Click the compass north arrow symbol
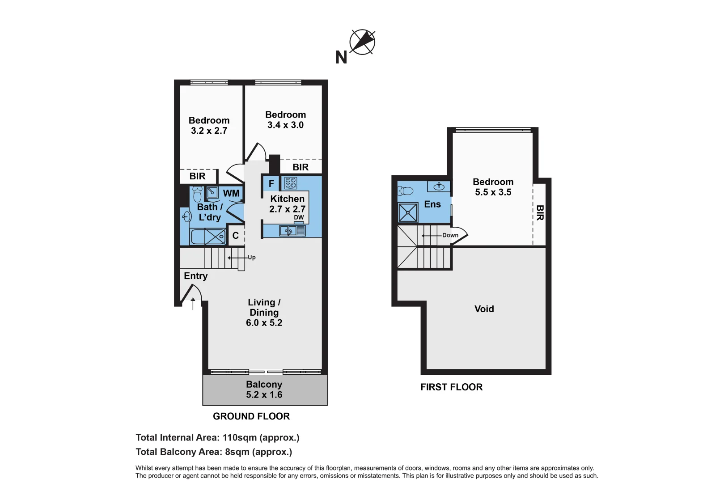click(362, 42)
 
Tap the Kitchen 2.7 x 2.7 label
click(287, 204)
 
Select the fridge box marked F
click(271, 184)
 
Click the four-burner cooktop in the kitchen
click(291, 183)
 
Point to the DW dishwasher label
click(299, 218)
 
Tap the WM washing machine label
click(231, 194)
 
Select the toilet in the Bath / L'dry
click(197, 195)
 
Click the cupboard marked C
click(236, 236)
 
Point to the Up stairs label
click(252, 258)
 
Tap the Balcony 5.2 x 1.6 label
click(264, 390)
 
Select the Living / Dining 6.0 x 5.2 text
click(264, 313)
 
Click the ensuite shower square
click(408, 213)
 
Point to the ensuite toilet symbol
click(406, 191)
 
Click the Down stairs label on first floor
click(450, 235)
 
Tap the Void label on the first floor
click(484, 309)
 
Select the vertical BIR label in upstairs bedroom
click(540, 213)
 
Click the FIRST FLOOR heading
click(451, 387)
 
